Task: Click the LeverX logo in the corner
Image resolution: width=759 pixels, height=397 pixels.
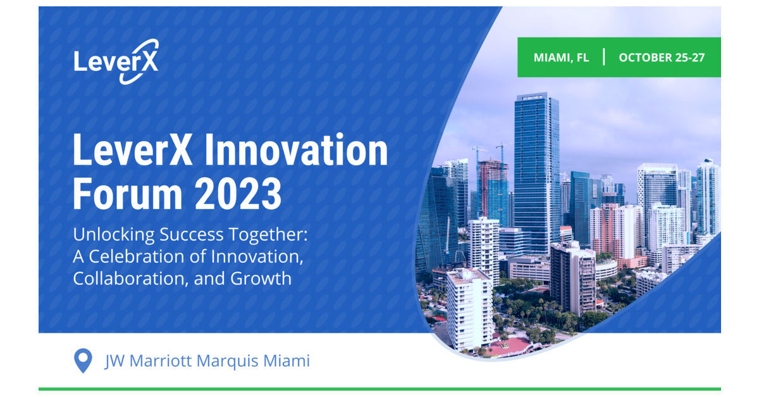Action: tap(116, 61)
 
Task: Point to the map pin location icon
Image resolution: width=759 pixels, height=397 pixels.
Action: tap(83, 360)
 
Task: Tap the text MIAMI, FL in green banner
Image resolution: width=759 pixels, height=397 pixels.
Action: tap(561, 58)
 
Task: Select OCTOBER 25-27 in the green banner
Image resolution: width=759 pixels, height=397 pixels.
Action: tap(662, 58)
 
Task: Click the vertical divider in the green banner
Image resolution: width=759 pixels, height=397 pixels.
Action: tap(604, 57)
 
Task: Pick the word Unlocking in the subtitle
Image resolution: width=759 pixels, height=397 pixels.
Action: tap(111, 236)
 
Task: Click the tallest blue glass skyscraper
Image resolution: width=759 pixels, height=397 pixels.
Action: tap(536, 171)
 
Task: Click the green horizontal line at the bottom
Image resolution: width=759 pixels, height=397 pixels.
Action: tap(379, 389)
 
